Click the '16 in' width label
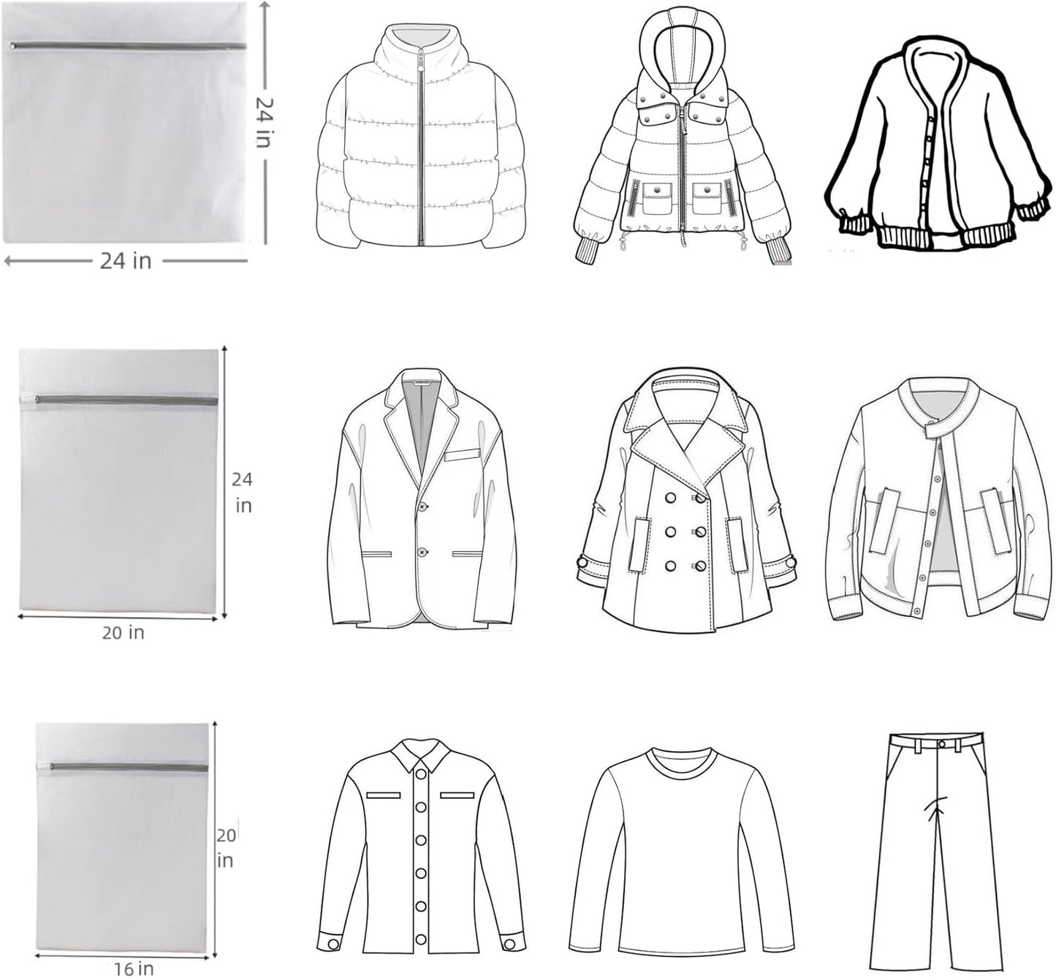[134, 968]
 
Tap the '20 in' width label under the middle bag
[123, 633]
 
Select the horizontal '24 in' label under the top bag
[126, 261]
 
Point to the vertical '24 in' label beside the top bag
[265, 122]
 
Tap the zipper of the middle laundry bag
[124, 400]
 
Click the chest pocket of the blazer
[463, 455]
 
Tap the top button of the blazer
[423, 507]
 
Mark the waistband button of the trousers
[941, 744]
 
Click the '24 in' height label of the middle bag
[243, 492]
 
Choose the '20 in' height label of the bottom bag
[226, 847]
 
